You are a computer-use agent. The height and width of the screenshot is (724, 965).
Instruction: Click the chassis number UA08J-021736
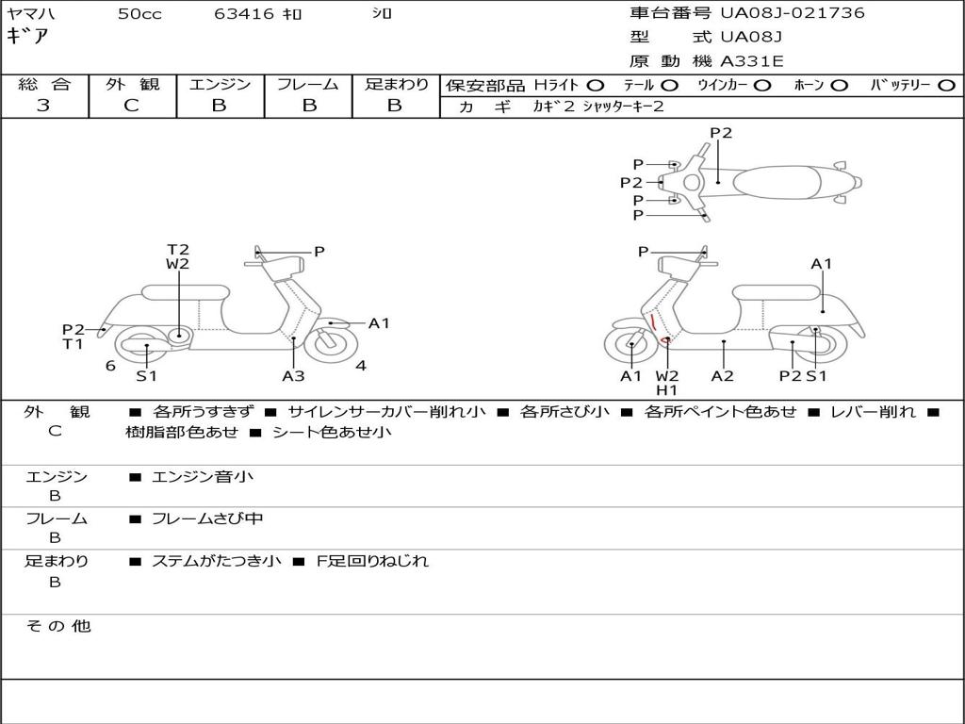point(792,13)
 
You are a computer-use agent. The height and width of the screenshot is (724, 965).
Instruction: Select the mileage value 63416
point(244,14)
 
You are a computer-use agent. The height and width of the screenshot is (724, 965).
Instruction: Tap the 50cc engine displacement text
point(139,14)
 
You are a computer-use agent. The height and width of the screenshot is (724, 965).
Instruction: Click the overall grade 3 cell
point(43,106)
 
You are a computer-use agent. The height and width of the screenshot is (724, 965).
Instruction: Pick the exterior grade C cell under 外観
point(132,106)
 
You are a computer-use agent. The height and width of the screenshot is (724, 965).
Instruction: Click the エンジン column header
point(220,85)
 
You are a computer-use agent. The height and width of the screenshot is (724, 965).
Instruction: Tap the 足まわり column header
point(396,85)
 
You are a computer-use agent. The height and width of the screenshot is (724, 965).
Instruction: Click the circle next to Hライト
point(595,86)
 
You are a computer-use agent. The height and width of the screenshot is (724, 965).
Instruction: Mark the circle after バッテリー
point(947,86)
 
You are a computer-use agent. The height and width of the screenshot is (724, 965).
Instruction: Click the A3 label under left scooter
point(293,376)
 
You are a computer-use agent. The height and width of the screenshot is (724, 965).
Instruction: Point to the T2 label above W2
point(178,250)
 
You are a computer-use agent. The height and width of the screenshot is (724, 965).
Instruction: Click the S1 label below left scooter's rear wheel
point(146,376)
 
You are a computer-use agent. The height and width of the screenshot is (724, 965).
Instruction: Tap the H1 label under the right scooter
point(667,390)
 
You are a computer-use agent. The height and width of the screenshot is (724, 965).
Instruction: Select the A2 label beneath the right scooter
point(723,376)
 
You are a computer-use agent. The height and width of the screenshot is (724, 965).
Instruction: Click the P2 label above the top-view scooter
point(721,133)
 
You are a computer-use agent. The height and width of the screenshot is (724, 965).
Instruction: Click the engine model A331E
point(751,61)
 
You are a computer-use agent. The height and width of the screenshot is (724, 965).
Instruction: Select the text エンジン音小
point(202,477)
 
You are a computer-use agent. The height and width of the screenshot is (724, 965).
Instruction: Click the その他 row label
point(57,626)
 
